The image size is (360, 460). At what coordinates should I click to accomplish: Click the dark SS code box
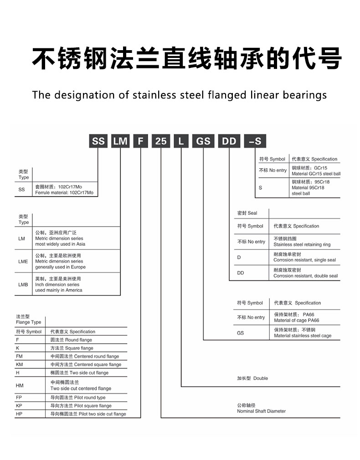tap(98, 141)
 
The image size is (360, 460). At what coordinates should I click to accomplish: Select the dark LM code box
tap(120, 141)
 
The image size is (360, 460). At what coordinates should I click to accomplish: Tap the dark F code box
tap(140, 141)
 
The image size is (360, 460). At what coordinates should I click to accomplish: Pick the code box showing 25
tap(161, 141)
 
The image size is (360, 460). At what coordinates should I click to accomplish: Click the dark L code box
tap(181, 141)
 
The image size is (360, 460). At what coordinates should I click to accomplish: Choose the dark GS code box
tap(203, 141)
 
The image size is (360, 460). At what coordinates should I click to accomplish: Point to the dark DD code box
tap(229, 141)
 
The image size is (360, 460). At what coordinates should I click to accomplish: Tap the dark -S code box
tap(255, 141)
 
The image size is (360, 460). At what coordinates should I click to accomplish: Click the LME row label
tap(23, 262)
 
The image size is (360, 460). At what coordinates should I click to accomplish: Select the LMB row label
tap(23, 284)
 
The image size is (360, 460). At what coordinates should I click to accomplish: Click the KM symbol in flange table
tap(19, 365)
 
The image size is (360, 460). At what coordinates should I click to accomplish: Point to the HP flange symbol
tap(19, 414)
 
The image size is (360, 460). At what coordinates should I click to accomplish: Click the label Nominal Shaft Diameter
tap(261, 411)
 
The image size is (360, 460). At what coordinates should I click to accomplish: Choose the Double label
tap(261, 378)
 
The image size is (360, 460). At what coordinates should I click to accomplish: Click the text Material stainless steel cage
tap(303, 336)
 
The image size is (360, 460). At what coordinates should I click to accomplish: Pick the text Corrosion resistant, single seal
tap(304, 260)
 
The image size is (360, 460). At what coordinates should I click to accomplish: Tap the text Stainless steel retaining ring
tap(302, 245)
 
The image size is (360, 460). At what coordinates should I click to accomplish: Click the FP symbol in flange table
tap(19, 398)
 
